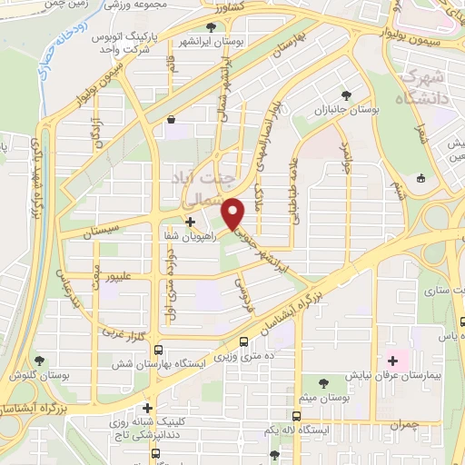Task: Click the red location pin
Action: pos(233,213)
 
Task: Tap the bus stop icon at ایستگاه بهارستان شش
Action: pos(159,350)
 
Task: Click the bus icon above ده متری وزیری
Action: pos(243,341)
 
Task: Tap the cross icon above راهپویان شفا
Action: pos(189,221)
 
